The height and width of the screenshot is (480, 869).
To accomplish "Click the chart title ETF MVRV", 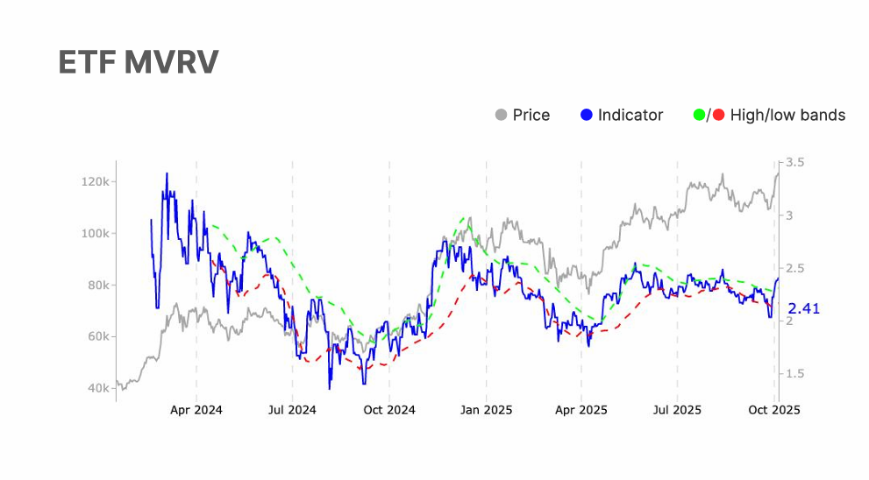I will (138, 62).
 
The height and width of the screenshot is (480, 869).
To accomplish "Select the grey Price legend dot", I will (502, 115).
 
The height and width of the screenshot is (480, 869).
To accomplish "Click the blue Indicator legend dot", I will (587, 115).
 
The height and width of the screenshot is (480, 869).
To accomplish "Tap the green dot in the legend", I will (699, 115).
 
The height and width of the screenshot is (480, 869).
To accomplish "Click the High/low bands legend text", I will (787, 115).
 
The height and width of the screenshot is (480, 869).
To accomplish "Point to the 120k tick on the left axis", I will (94, 182).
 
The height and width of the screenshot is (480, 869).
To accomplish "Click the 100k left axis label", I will (94, 234).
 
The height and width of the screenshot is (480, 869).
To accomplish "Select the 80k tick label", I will (96, 286).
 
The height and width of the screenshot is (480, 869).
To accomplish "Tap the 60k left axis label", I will (96, 337).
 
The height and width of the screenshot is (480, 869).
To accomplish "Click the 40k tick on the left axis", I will (96, 388).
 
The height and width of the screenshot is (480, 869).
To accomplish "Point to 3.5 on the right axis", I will (795, 163).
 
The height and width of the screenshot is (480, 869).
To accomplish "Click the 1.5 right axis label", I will (795, 374).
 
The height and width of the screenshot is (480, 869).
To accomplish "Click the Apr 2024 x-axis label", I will (196, 409).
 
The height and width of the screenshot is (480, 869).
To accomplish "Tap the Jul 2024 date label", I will (292, 409).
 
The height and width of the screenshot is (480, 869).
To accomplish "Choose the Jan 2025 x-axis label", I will (486, 409).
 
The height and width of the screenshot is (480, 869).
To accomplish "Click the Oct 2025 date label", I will (774, 409).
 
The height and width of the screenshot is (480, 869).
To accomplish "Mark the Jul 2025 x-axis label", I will (678, 409).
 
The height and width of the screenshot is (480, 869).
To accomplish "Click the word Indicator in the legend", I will (630, 115).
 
